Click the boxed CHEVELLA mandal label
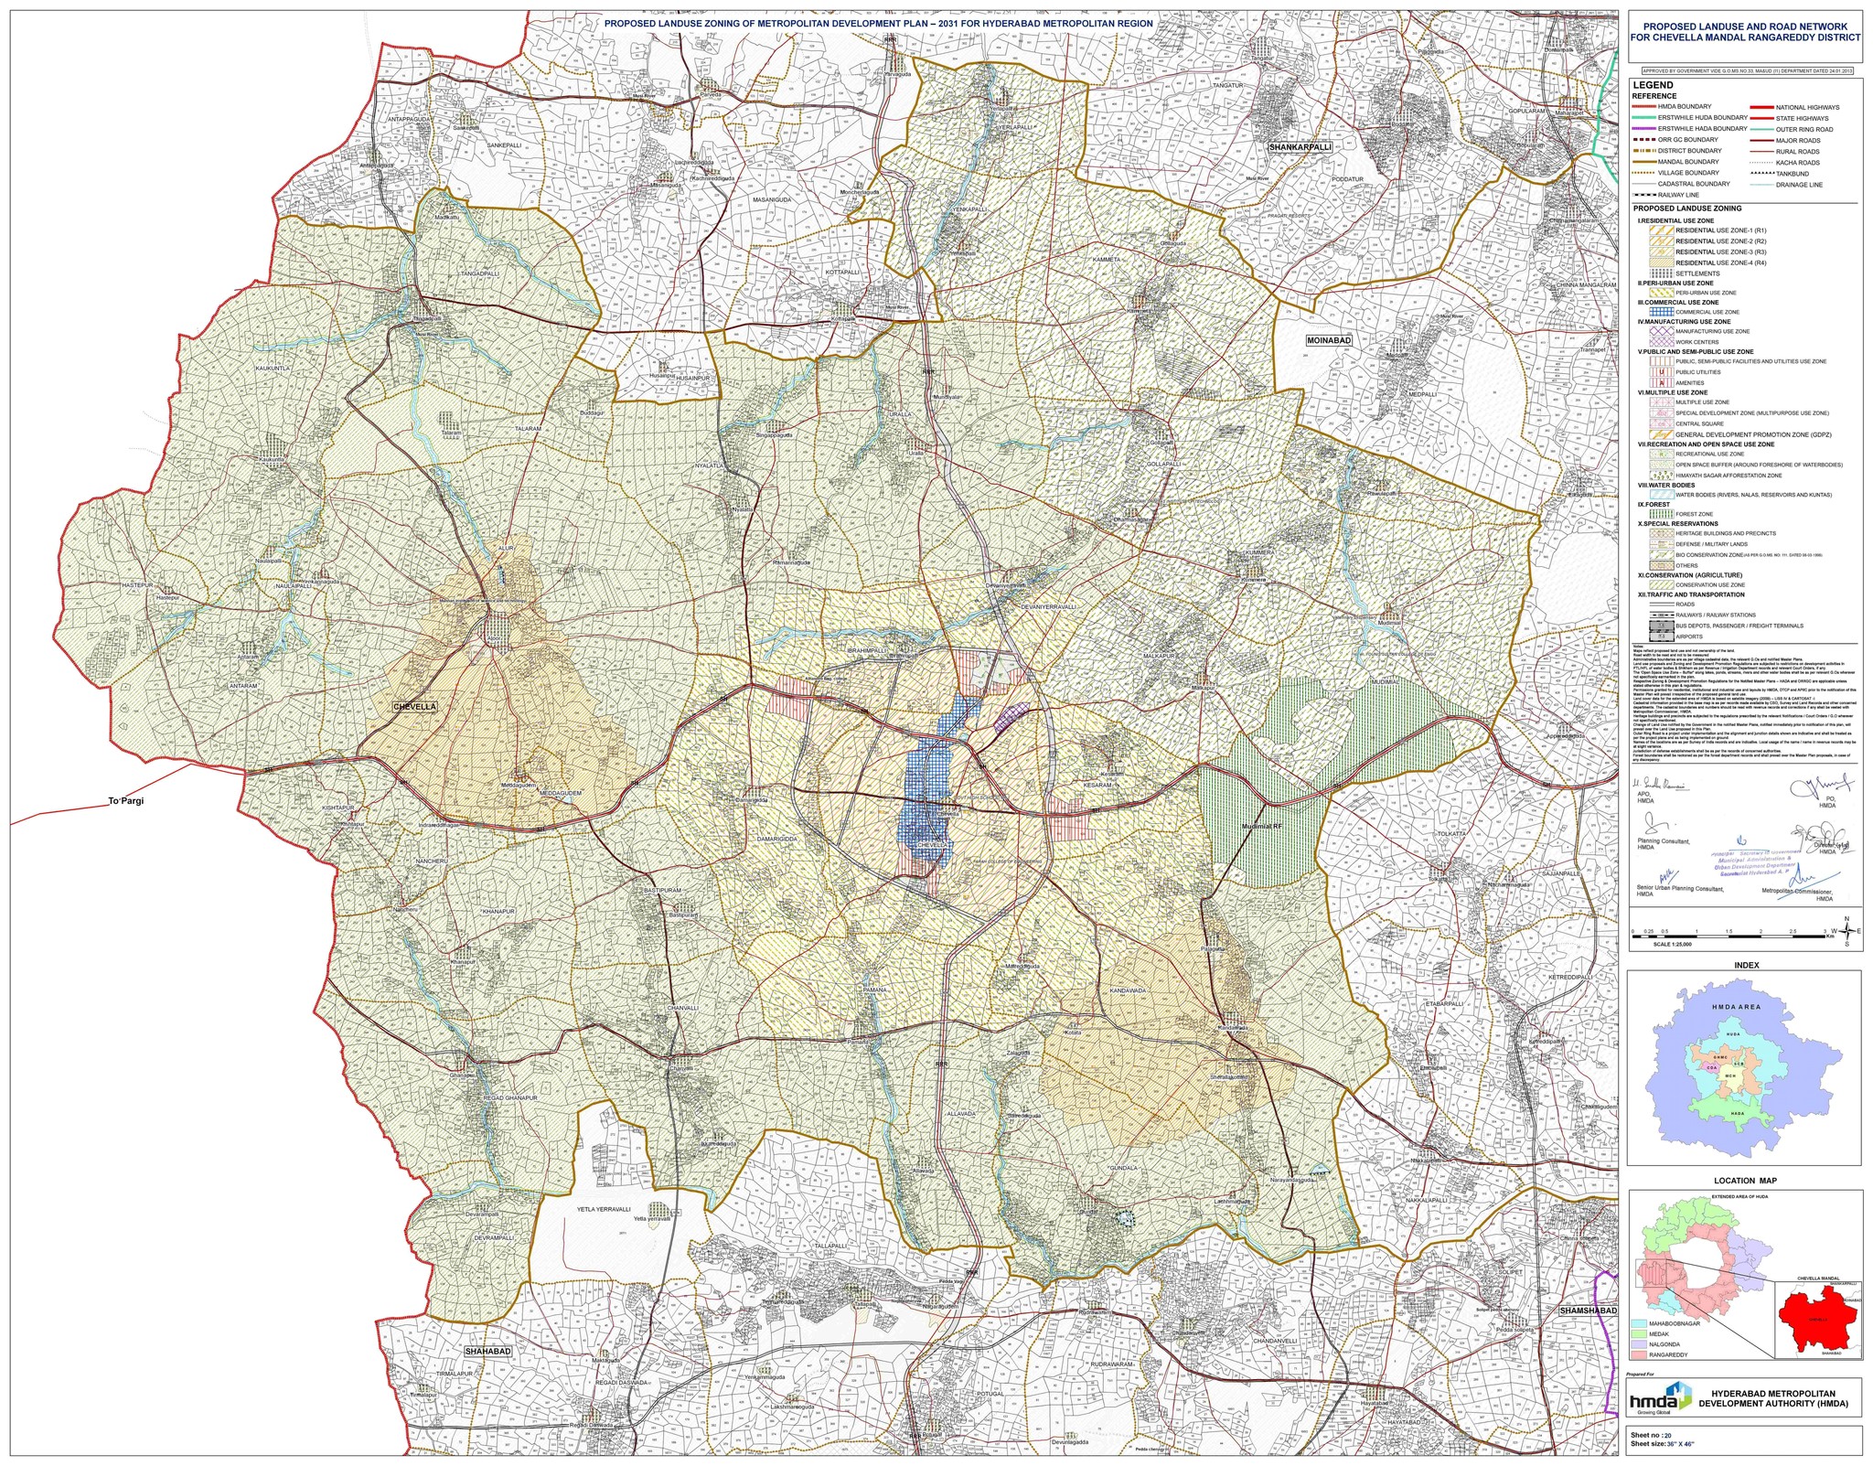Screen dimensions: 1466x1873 click(415, 707)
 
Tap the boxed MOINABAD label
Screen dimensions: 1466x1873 click(1329, 340)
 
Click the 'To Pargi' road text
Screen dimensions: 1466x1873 click(126, 801)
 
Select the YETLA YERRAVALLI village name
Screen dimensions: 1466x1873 click(604, 1209)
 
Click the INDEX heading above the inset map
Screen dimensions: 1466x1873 click(1746, 965)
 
